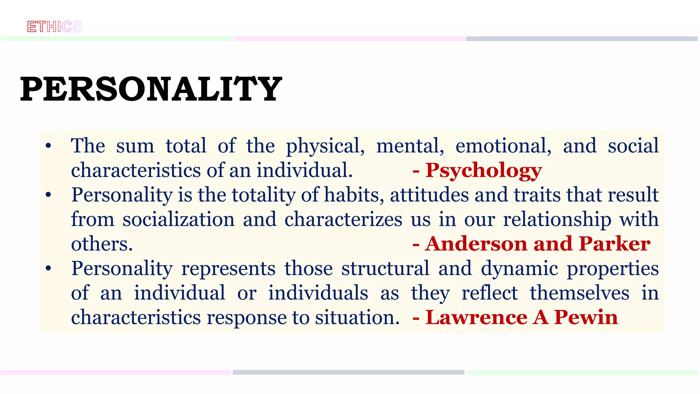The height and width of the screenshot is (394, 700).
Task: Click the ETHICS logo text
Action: (55, 27)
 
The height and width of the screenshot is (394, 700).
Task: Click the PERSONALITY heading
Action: (151, 89)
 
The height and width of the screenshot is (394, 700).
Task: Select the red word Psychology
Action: (483, 170)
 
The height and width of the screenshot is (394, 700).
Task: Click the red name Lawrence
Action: (476, 317)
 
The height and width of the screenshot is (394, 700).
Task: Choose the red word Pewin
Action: (586, 317)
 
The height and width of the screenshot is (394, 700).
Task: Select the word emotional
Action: (503, 146)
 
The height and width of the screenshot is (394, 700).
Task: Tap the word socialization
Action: (178, 219)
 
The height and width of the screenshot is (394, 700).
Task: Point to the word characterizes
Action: (343, 219)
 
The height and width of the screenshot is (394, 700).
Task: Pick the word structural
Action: (385, 268)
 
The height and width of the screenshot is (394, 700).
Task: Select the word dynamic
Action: (520, 269)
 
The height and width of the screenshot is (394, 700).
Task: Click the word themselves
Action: (579, 293)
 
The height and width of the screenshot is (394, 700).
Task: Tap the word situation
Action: (357, 318)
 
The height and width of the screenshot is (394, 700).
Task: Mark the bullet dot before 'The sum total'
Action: (49, 146)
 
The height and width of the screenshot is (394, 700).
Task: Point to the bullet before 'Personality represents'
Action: (49, 268)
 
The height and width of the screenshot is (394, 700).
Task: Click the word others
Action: (102, 244)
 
